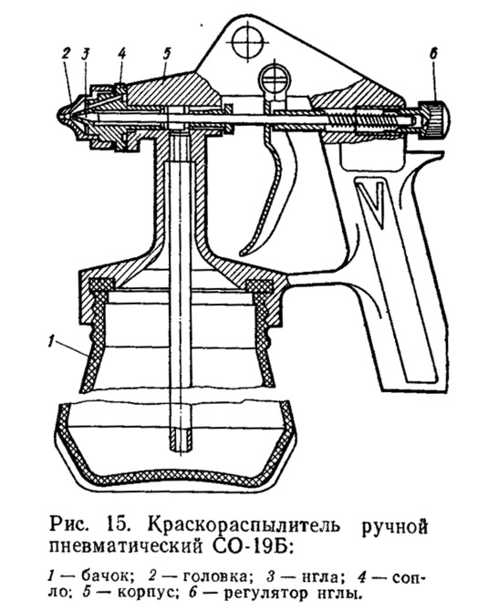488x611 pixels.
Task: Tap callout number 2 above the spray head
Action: tap(67, 55)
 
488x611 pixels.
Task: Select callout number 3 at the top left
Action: tap(86, 55)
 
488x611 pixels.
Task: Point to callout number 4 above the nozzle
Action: tap(122, 55)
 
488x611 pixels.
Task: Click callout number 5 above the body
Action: tap(167, 55)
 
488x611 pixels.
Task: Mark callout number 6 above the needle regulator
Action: tap(433, 54)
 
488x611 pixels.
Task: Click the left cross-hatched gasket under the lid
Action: tap(101, 286)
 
